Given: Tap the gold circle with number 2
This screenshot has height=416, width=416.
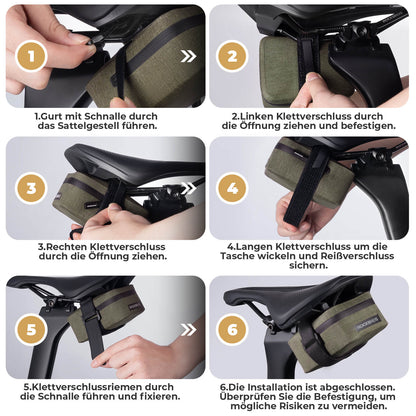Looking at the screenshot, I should tap(233, 56).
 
